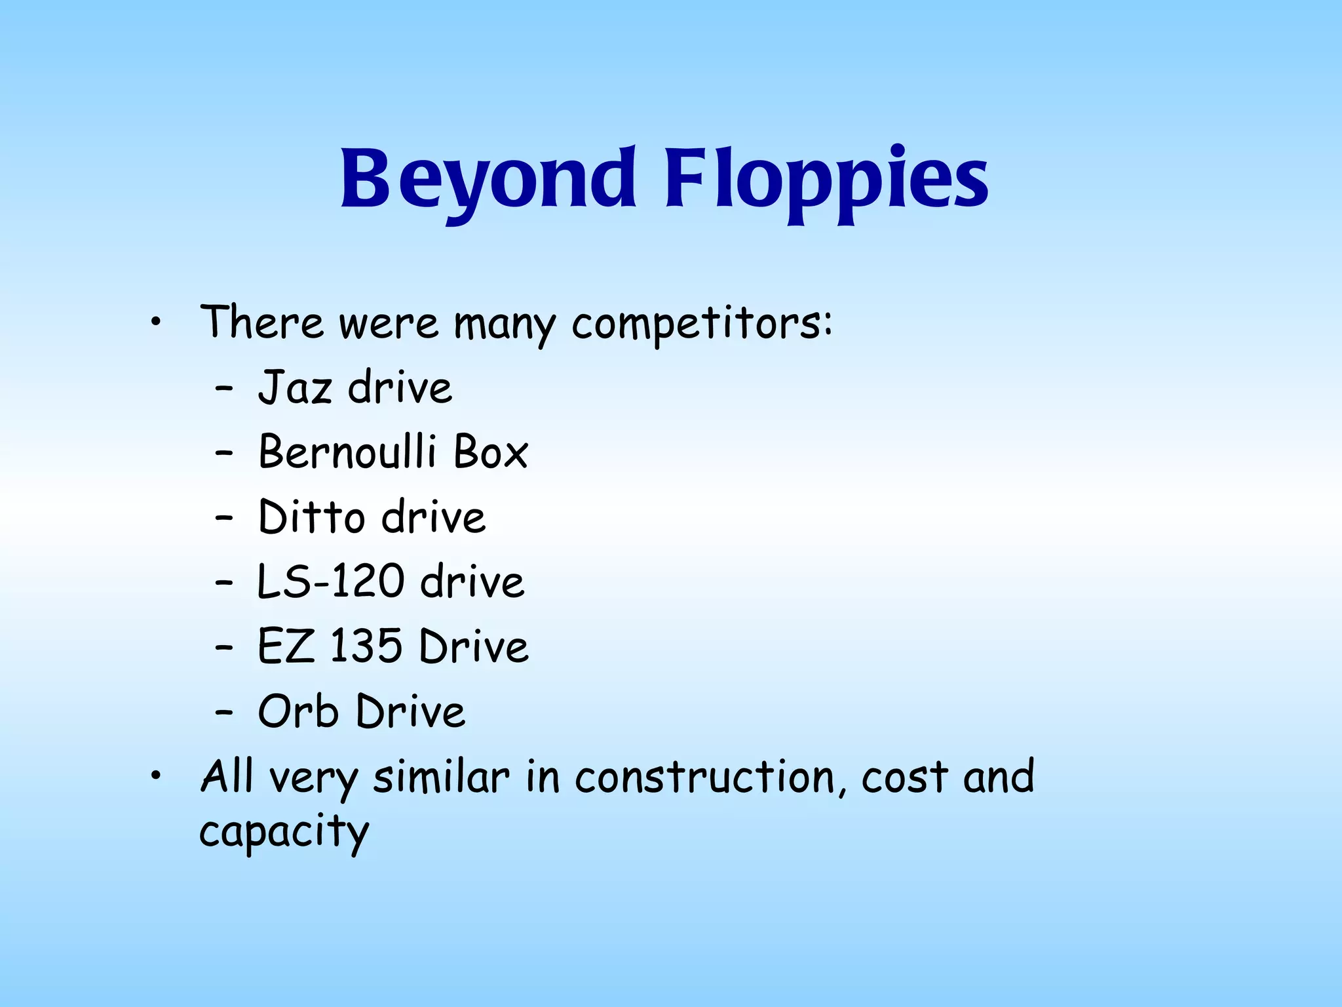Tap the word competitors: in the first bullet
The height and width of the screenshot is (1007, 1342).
click(x=702, y=324)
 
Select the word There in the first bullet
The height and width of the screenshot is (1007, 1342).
click(x=261, y=323)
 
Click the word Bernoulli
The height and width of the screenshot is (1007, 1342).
click(x=347, y=452)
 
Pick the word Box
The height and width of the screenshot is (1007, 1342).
click(x=491, y=452)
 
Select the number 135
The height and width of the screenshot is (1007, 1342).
click(x=366, y=646)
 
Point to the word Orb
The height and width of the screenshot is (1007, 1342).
click(x=298, y=711)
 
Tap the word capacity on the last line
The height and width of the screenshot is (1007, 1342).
click(x=284, y=833)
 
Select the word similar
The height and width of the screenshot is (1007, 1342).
click(x=441, y=778)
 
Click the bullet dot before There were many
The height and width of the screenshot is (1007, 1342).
click(x=155, y=322)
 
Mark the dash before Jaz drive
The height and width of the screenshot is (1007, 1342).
click(x=224, y=389)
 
